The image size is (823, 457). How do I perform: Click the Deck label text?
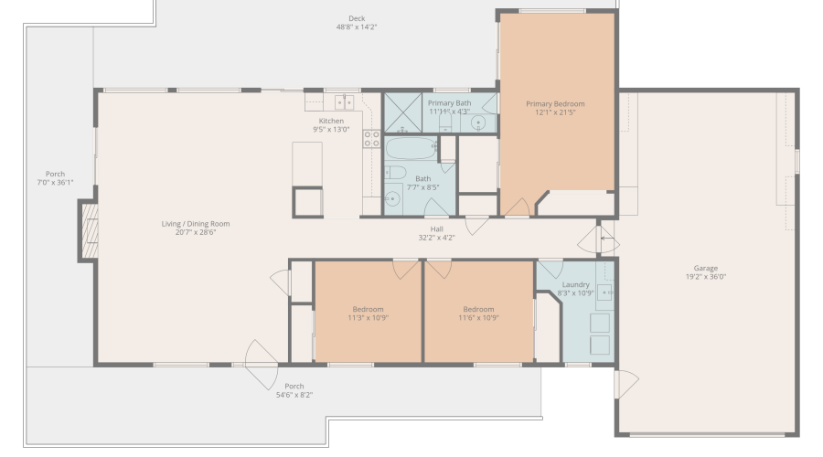(x=357, y=18)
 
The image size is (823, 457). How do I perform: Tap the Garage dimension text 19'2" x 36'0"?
(x=705, y=277)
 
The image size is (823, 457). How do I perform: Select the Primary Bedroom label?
(x=555, y=104)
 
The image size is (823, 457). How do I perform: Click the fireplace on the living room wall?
(x=88, y=230)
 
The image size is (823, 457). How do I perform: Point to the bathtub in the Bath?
(x=411, y=148)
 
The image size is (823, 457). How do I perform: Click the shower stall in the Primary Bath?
(x=403, y=112)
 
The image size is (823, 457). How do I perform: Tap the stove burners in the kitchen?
(x=371, y=139)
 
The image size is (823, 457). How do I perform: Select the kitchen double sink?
(x=345, y=102)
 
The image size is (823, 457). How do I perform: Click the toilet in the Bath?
(x=396, y=172)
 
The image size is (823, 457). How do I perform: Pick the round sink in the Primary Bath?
(x=478, y=123)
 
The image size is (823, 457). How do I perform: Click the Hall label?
(x=437, y=228)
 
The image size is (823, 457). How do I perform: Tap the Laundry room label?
(x=576, y=284)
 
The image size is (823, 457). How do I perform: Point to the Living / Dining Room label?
(x=196, y=224)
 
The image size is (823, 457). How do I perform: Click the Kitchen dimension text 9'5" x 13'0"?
(x=331, y=129)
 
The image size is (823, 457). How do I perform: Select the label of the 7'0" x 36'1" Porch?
(x=55, y=174)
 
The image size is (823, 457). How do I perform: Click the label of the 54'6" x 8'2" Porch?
(x=294, y=387)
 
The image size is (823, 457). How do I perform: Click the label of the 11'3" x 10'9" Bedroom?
(x=368, y=309)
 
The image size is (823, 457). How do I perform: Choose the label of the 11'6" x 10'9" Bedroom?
(x=478, y=309)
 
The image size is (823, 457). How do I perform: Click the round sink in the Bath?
(x=392, y=199)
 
